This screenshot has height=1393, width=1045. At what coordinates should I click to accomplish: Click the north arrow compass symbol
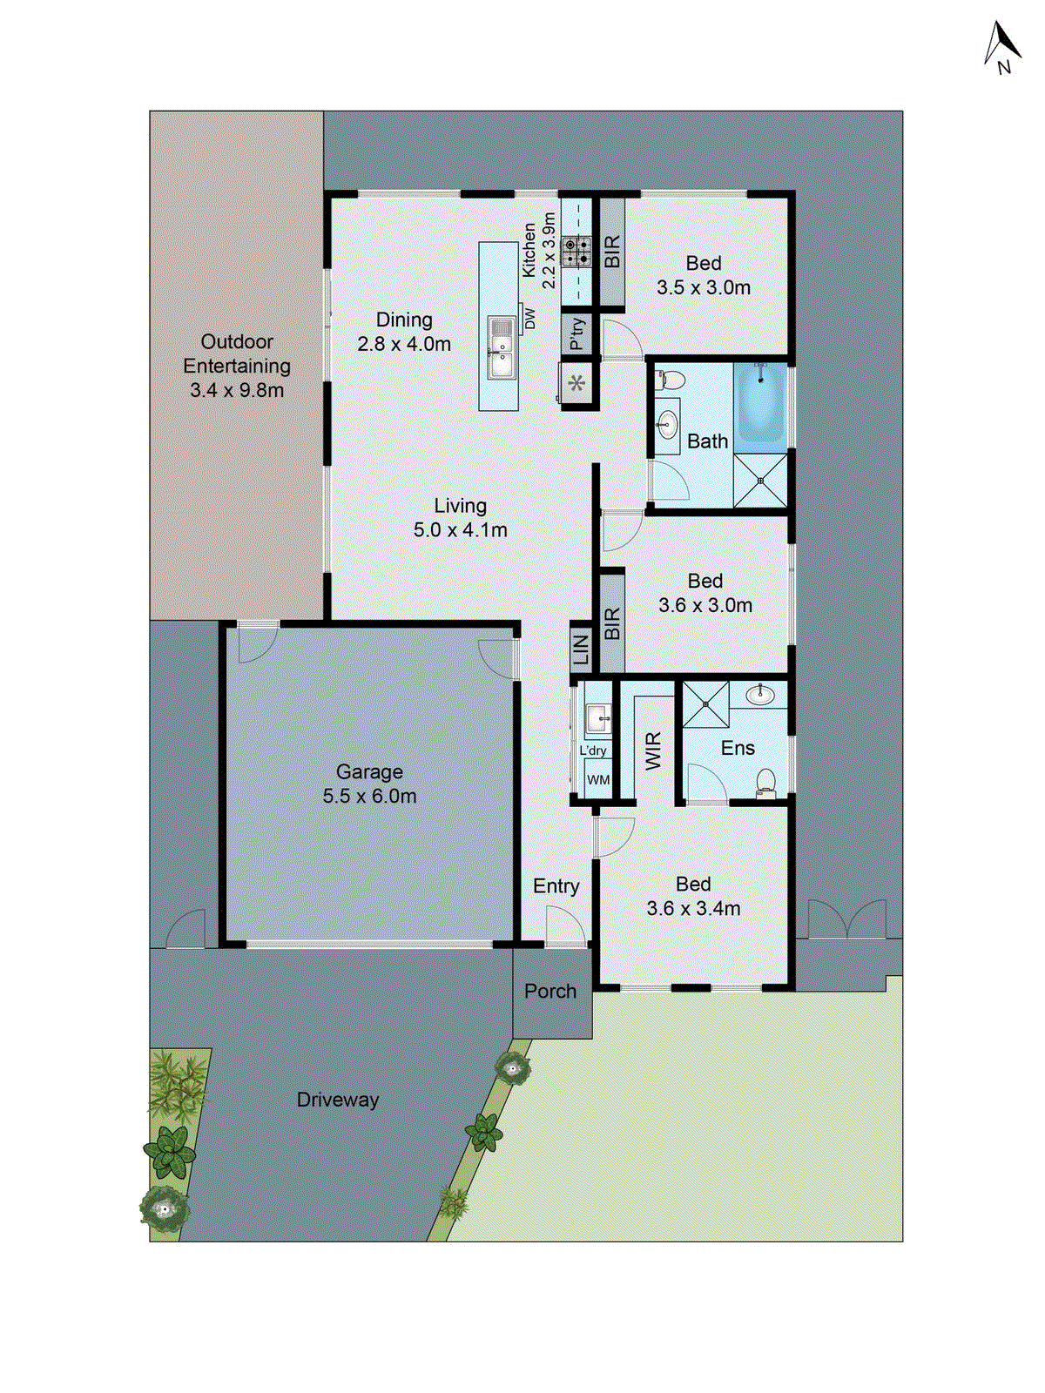click(x=1002, y=47)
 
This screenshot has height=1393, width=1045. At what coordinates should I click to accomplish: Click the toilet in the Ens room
click(x=765, y=780)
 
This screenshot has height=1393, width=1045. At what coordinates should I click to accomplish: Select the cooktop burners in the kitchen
click(x=576, y=252)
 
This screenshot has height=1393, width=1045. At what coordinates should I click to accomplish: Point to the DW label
click(x=529, y=319)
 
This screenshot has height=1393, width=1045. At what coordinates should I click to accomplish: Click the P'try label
click(x=576, y=333)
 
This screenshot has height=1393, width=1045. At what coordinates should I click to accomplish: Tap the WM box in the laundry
click(x=598, y=780)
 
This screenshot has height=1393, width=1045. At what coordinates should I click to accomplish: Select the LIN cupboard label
click(x=581, y=649)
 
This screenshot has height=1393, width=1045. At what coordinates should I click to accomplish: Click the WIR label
click(x=653, y=750)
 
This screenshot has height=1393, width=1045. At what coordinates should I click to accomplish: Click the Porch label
click(x=550, y=992)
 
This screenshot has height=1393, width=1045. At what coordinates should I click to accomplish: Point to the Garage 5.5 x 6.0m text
click(x=369, y=784)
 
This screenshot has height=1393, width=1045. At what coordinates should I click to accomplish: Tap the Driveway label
click(x=338, y=1100)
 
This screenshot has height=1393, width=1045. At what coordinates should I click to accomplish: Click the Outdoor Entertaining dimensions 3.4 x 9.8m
click(x=237, y=391)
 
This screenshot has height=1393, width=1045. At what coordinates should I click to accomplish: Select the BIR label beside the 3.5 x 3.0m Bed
click(x=612, y=252)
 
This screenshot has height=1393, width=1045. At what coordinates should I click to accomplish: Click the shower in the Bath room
click(x=760, y=480)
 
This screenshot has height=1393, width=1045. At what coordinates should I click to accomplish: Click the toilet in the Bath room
click(x=671, y=380)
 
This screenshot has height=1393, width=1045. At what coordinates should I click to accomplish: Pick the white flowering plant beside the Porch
click(x=512, y=1067)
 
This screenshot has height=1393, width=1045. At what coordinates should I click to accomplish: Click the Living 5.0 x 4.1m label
click(x=460, y=518)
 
